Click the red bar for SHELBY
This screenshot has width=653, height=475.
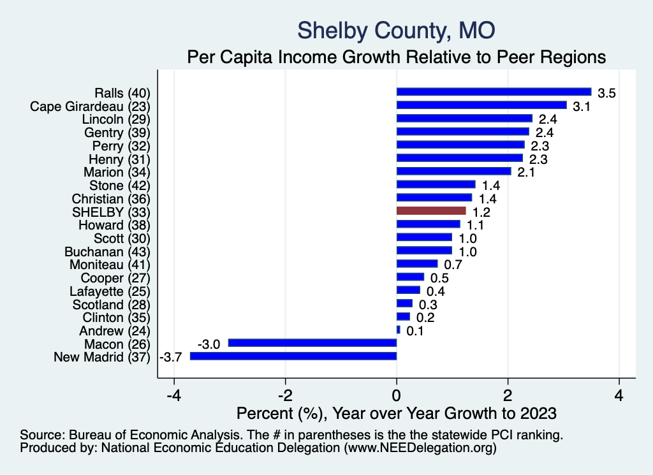point(431,210)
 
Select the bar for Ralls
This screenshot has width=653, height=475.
point(494,92)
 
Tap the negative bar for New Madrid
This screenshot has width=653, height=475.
point(293,356)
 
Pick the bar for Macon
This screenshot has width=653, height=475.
point(312,343)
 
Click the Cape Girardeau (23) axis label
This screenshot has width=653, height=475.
point(90,105)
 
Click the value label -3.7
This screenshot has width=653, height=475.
point(172,357)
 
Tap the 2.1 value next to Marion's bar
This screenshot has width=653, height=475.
point(526,172)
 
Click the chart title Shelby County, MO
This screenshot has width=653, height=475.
point(396,29)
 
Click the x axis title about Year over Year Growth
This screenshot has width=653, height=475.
point(396,413)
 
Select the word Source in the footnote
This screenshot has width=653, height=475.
point(40,435)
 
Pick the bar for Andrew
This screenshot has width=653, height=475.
point(399,330)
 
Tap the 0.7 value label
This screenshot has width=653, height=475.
point(453,265)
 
